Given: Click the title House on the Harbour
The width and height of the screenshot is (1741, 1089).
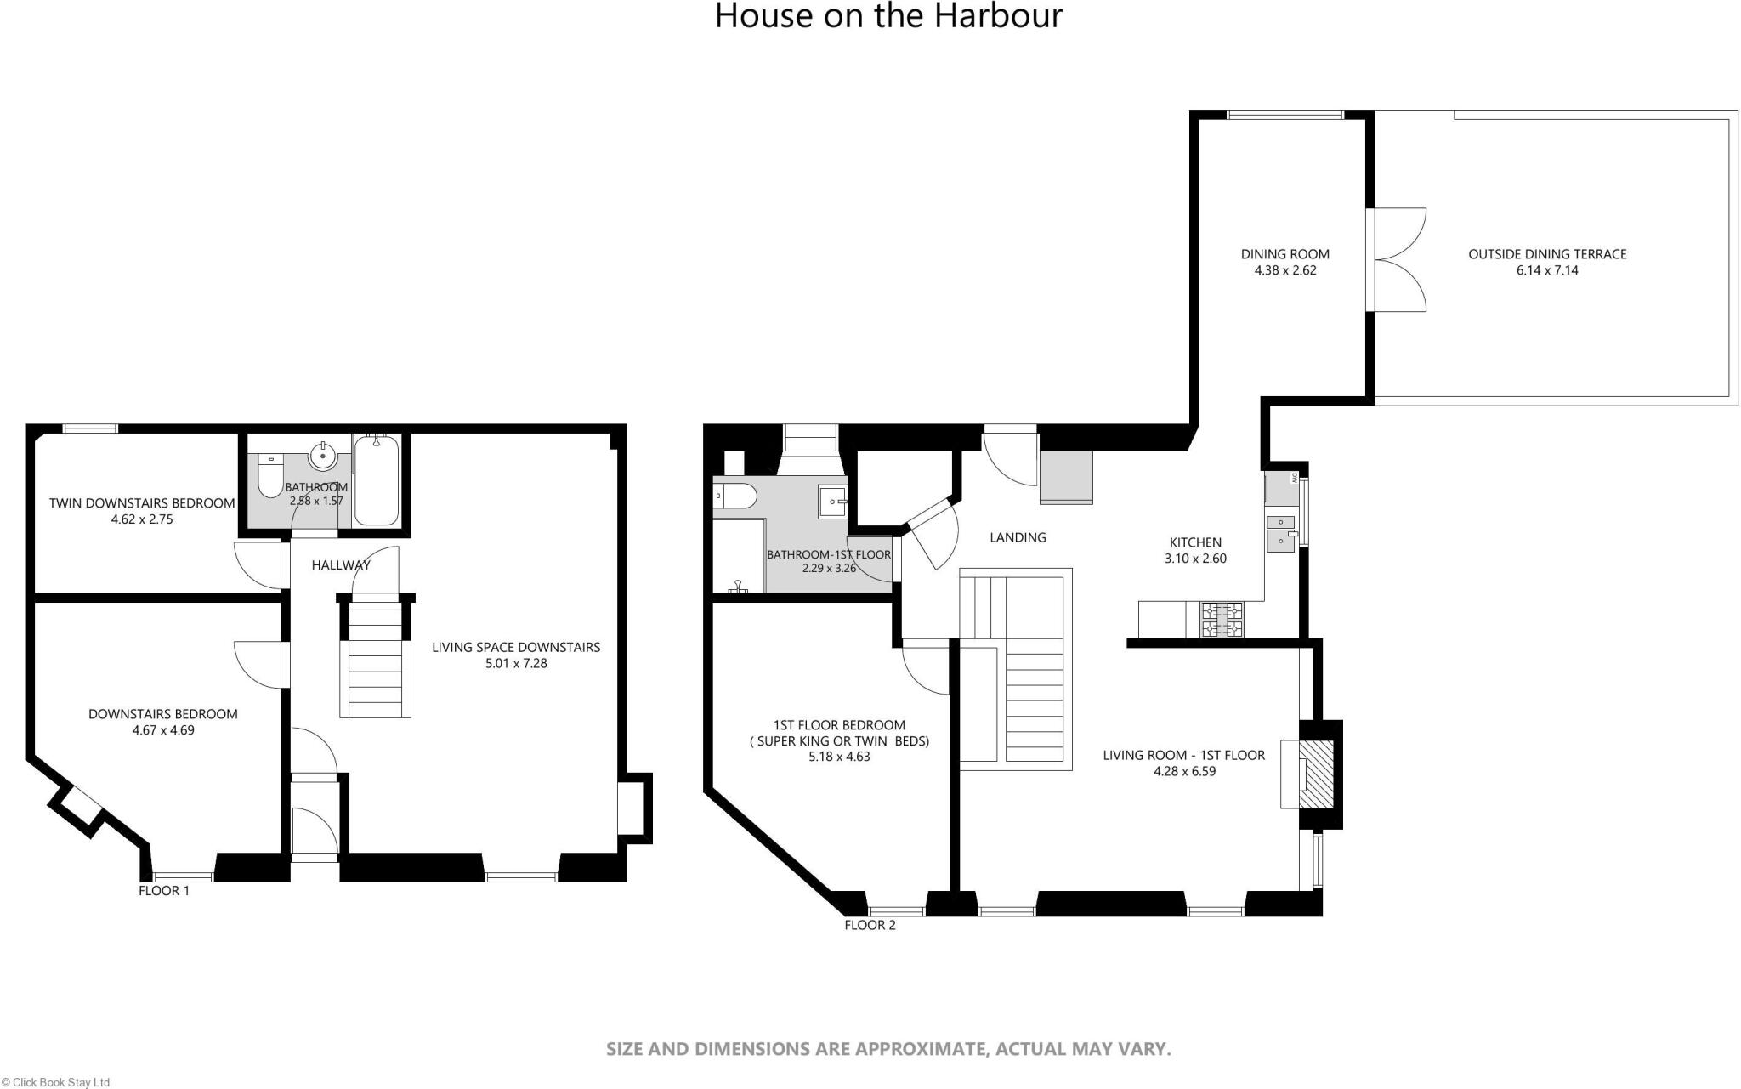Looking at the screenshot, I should click(888, 16).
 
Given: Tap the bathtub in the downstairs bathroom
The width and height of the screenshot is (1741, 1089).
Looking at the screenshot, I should click(376, 480).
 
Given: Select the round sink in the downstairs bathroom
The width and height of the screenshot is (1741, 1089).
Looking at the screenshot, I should click(323, 457).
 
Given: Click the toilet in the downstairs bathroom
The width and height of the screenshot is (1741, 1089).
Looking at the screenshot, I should click(271, 476).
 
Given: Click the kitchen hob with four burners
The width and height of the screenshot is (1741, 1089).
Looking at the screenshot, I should click(1221, 620).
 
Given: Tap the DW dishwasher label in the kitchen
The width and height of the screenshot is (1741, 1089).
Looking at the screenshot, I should click(1294, 478).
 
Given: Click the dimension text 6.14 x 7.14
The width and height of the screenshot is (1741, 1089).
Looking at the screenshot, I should click(1547, 270).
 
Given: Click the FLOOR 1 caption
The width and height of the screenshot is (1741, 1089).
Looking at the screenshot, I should click(164, 891).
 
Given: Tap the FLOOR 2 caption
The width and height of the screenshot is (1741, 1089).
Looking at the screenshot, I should click(870, 925).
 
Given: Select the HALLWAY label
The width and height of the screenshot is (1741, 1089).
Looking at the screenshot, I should click(340, 564).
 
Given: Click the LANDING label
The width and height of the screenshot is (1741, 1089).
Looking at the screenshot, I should click(1018, 537).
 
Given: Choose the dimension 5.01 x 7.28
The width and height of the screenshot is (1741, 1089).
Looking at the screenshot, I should click(516, 663).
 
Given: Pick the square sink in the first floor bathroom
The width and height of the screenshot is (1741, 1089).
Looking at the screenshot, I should click(832, 502).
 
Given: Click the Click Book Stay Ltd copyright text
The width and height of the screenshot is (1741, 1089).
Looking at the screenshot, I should click(55, 1082).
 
